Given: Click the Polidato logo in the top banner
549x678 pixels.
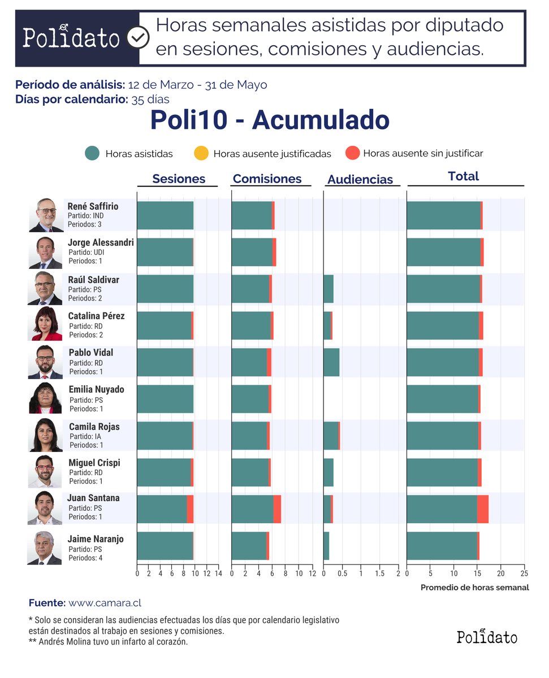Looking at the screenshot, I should tap(71, 38).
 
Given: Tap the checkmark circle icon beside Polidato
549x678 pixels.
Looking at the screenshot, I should tap(137, 38).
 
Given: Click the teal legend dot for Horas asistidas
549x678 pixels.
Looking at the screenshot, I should tap(92, 153).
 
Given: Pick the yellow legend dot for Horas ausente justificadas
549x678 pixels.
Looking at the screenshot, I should tap(201, 153).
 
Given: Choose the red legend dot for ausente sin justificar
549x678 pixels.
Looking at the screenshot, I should tap(353, 153).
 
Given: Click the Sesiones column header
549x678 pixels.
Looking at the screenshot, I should tap(179, 179).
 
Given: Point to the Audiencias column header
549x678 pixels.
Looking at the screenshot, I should tap(360, 180).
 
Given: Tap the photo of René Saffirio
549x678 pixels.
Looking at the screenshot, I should tap(46, 215).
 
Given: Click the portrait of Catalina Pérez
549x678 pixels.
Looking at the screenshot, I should tap(46, 324).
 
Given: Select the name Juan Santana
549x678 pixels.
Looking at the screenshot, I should tap(93, 498).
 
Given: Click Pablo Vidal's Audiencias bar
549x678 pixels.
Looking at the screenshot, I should tap(331, 362).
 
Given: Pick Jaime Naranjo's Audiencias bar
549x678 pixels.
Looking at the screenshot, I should tap(326, 546).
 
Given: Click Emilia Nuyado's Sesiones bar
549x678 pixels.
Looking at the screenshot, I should tap(165, 399).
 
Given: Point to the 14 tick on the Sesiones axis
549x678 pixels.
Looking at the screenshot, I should tap(219, 573).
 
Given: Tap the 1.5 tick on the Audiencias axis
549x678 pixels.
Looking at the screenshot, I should tap(379, 573).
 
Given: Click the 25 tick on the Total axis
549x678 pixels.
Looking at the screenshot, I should tap(524, 573).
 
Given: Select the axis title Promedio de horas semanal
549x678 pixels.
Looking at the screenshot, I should tap(474, 588).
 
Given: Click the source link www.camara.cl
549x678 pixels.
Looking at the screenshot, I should tap(105, 603).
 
